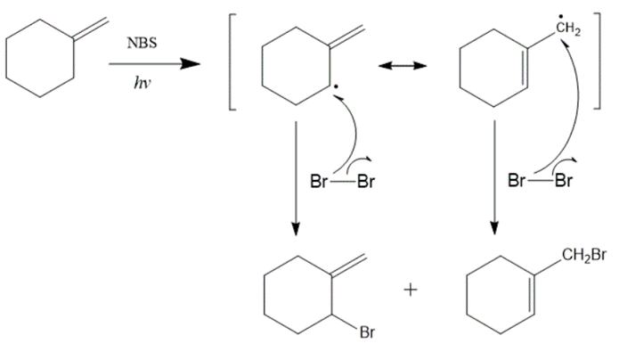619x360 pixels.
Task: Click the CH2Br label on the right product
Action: coord(583,258)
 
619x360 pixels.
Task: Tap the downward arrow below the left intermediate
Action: coord(295,178)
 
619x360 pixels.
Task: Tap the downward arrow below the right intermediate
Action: coord(494,178)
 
